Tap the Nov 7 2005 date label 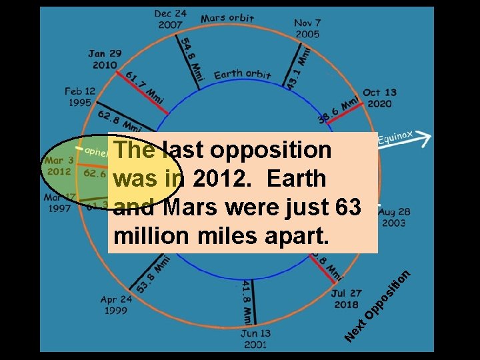pos(307,28)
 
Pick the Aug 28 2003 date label pos(393,217)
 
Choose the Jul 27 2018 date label pos(345,299)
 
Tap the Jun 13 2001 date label pos(255,339)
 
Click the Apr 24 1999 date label pos(116,305)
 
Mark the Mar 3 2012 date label pos(58,166)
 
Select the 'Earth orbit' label pos(242,74)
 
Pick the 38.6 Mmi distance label pos(339,108)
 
